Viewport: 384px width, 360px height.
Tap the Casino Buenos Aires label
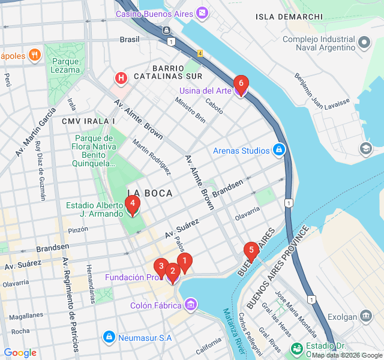click(155, 13)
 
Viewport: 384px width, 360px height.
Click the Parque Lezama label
click(65, 65)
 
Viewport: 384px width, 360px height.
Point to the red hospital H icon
click(121, 78)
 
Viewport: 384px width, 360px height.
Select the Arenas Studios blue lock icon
click(278, 149)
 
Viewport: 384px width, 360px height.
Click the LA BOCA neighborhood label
click(150, 193)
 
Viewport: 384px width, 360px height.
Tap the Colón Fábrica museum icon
click(191, 305)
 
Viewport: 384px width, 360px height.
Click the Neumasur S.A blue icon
click(109, 337)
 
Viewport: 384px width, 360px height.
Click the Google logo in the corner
click(20, 353)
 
